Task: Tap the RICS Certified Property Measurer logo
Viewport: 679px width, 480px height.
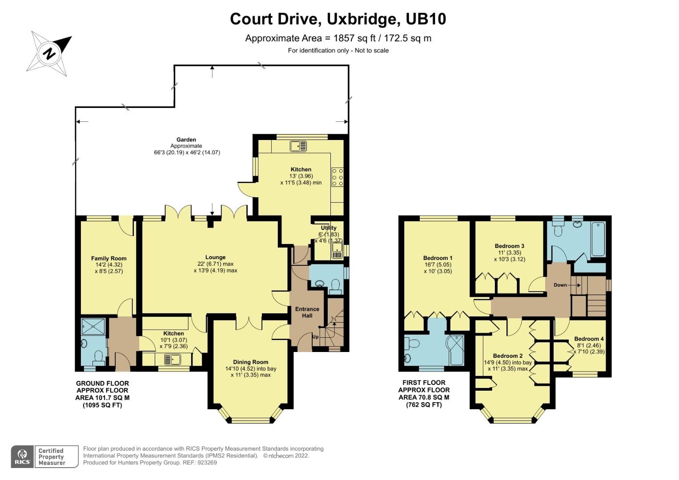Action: (x=44, y=456)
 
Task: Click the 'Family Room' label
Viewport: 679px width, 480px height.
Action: (x=108, y=258)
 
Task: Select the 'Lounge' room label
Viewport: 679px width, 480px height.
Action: (x=215, y=257)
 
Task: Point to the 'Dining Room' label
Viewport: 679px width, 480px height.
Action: (x=250, y=362)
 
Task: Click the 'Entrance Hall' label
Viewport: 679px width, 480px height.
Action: (x=307, y=312)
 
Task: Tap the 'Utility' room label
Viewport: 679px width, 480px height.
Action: (x=329, y=228)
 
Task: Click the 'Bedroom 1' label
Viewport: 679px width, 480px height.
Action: (x=438, y=258)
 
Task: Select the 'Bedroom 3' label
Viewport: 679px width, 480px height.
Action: (x=509, y=246)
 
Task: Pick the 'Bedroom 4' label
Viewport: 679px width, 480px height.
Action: (x=589, y=339)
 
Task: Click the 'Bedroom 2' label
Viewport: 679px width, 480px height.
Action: (x=507, y=356)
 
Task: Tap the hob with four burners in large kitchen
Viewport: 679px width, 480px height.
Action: (x=337, y=176)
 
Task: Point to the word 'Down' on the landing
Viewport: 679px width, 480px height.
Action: (x=560, y=285)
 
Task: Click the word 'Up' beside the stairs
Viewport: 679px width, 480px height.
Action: (x=315, y=337)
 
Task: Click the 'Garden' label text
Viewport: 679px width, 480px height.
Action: (x=186, y=140)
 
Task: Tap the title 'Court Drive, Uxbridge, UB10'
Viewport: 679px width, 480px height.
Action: (x=338, y=19)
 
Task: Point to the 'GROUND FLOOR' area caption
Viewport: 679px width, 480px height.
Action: (x=102, y=383)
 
